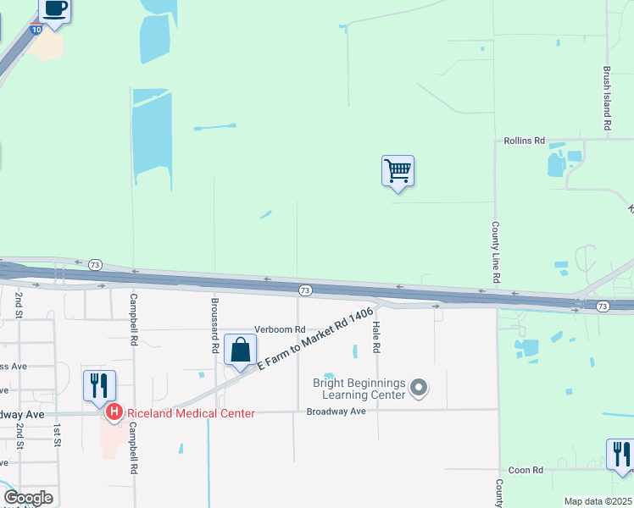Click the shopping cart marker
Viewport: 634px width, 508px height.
pos(398,171)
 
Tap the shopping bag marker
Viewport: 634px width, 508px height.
pos(241,350)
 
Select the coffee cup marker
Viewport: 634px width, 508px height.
pos(55,10)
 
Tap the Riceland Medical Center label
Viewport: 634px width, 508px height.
pos(191,413)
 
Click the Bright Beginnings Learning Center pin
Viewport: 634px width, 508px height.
pos(417,388)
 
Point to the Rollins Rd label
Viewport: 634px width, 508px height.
pos(524,141)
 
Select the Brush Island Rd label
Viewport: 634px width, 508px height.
pos(607,99)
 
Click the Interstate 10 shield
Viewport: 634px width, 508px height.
pos(36,29)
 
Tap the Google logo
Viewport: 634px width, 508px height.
pos(28,498)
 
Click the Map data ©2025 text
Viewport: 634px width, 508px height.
pos(597,501)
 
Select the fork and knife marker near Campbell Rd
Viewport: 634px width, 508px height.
pos(99,385)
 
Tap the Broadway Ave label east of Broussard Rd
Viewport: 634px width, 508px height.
pos(336,411)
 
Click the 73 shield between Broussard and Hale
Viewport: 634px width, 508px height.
pos(305,290)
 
